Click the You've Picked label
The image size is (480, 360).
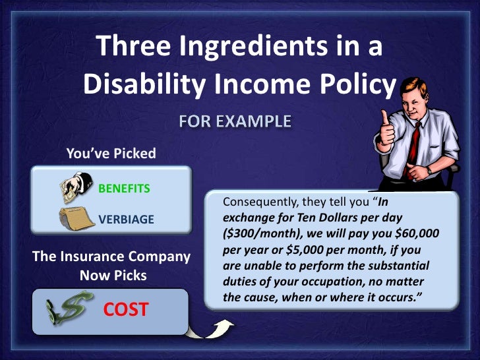click(x=111, y=154)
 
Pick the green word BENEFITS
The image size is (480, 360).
click(x=124, y=189)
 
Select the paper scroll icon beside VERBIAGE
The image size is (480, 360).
click(x=74, y=218)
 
